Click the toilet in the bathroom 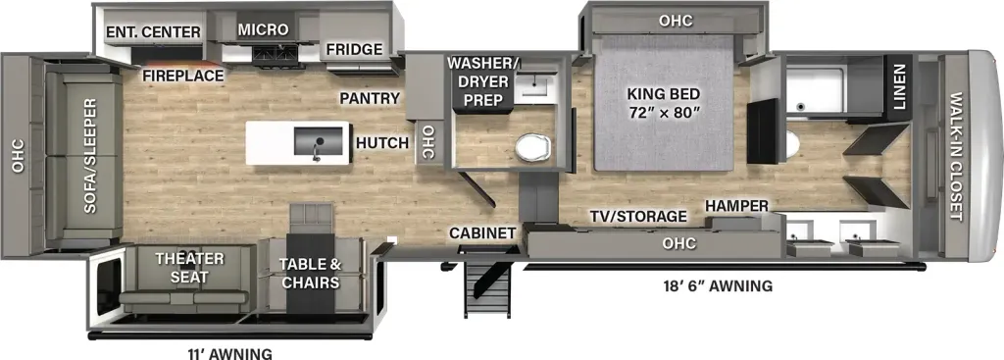click(x=532, y=147)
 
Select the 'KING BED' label click(x=663, y=93)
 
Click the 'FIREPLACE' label click(x=183, y=76)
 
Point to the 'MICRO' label click(x=263, y=29)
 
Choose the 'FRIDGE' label click(x=354, y=49)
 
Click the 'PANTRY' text click(x=370, y=98)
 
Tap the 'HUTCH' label click(x=382, y=143)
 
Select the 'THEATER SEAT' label click(x=189, y=268)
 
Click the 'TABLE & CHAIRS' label click(x=310, y=273)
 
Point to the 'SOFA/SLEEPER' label click(x=89, y=156)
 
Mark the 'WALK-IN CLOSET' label click(x=956, y=156)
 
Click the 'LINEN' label click(x=900, y=87)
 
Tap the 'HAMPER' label click(x=736, y=206)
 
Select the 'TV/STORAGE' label click(x=638, y=217)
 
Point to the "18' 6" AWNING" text click(x=718, y=285)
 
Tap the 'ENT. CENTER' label click(x=154, y=32)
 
